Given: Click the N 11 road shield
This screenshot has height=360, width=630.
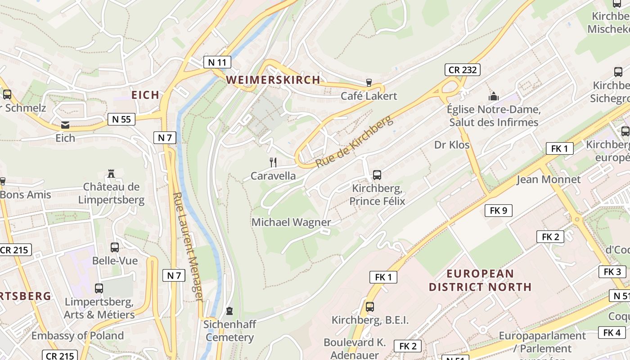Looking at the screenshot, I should [x=217, y=62].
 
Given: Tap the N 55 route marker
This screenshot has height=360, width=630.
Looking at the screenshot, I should [x=121, y=119].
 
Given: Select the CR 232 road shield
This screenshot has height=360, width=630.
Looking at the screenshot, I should [x=463, y=70].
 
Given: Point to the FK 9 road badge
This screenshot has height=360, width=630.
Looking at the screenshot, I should [x=498, y=210].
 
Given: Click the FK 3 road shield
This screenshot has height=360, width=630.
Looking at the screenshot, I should [x=612, y=272].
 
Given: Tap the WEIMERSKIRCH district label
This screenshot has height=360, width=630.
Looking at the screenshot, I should [x=273, y=80].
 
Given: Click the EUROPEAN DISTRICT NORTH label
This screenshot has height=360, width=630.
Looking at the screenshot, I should [x=480, y=280].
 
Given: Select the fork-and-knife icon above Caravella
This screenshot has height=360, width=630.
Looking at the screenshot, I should [x=273, y=162].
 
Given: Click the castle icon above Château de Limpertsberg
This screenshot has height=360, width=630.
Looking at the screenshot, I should [x=111, y=174].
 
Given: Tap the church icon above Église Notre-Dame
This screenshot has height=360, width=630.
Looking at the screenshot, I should [x=494, y=96].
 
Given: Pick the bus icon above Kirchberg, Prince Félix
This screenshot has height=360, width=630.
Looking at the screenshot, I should [x=377, y=175].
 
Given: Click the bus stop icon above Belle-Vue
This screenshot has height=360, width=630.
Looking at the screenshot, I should [x=115, y=247].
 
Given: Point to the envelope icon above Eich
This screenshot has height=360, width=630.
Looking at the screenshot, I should [x=65, y=125].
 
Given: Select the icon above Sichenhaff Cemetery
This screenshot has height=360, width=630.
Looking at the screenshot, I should [x=229, y=311].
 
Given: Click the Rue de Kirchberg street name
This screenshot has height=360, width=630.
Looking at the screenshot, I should [x=354, y=141].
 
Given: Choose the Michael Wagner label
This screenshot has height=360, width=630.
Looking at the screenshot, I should [x=291, y=222].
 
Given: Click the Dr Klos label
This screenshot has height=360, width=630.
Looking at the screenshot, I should [x=452, y=145].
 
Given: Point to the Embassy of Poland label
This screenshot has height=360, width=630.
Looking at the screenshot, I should [x=77, y=336].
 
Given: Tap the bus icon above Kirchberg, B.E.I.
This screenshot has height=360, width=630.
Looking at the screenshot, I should [x=370, y=307].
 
